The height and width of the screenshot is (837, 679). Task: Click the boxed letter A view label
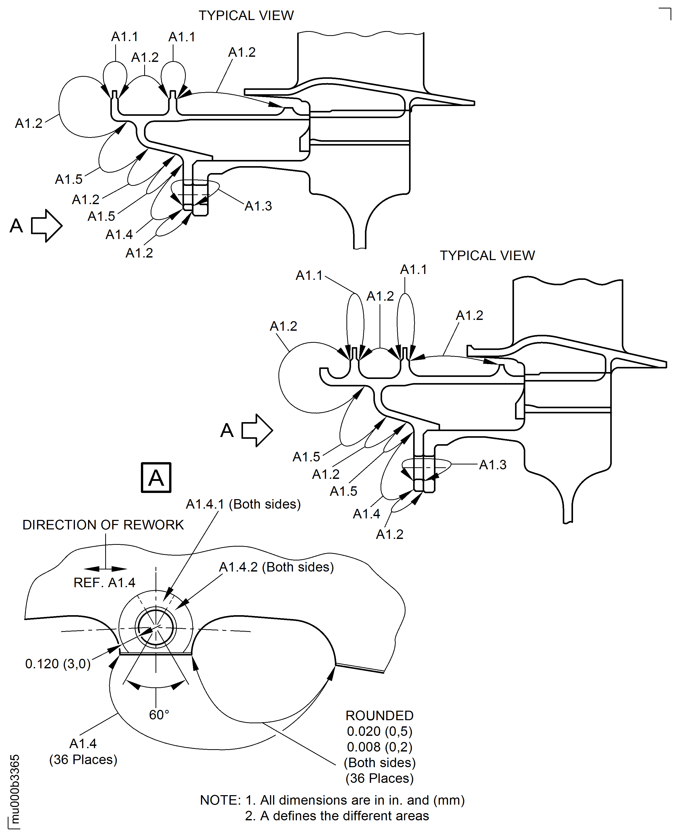(x=156, y=478)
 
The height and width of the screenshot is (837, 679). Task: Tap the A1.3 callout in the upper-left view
(x=258, y=206)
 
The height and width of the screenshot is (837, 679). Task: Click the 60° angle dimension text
(x=159, y=715)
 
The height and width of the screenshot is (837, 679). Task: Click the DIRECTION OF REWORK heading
(x=103, y=525)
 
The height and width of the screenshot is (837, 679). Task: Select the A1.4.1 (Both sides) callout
(x=243, y=504)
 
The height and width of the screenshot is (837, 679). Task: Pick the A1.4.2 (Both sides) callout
(x=276, y=567)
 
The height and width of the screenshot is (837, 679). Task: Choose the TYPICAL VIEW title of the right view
(x=487, y=255)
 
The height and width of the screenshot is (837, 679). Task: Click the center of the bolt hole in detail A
(x=156, y=628)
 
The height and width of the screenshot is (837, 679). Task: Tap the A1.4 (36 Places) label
(x=83, y=751)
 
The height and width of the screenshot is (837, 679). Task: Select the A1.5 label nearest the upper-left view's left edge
(x=69, y=179)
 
